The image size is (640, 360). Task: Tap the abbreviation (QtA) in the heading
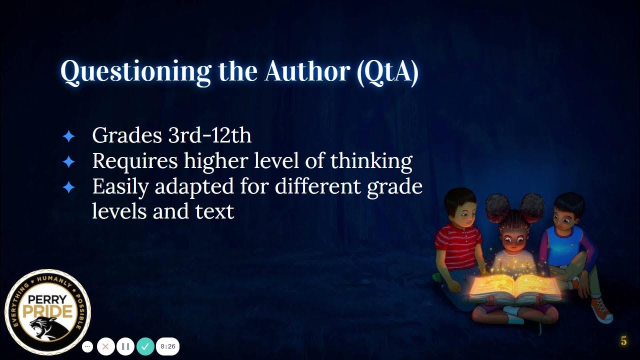coord(387,72)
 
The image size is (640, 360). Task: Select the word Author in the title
coord(307,72)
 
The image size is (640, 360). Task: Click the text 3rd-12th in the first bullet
coord(210,135)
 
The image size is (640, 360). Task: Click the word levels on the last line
coord(119,211)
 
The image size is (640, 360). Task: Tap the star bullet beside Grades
coord(68,136)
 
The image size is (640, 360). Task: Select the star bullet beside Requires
coord(68,161)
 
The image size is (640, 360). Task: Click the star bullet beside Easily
coord(68,187)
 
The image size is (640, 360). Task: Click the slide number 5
coord(623,341)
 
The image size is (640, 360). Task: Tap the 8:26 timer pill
coord(168,346)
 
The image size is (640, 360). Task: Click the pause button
coord(125,346)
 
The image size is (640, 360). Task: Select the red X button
coord(106,346)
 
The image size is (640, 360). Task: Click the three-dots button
coord(87,346)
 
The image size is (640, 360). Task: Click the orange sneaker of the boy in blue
coord(601,309)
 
